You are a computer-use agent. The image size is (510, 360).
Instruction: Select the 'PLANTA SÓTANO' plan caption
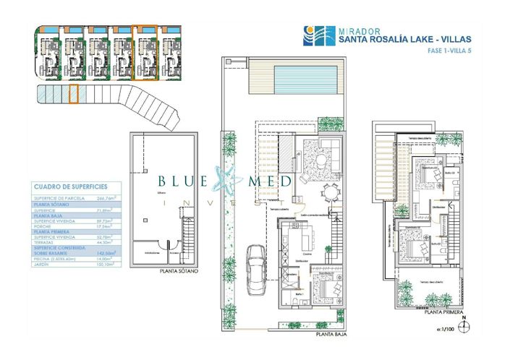click(179, 272)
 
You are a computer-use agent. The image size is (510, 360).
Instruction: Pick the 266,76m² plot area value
click(109, 198)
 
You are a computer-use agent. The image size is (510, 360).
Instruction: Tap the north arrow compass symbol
click(467, 325)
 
